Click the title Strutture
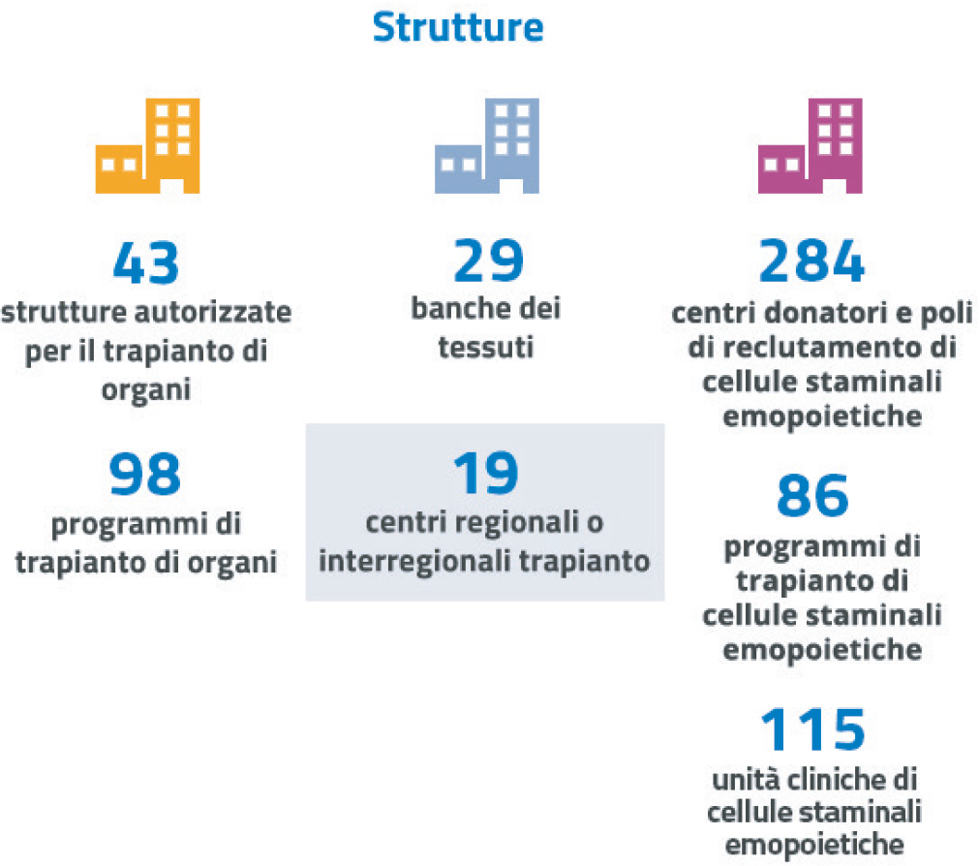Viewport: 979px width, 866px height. [458, 27]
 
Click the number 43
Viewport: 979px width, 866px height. [146, 263]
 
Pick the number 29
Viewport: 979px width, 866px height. [488, 261]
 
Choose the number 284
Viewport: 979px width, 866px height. [811, 261]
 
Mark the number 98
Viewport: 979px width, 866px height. [145, 474]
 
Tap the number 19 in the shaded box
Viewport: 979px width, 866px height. [486, 473]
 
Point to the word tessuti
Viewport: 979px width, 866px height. [486, 347]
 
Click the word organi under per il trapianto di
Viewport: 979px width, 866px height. [146, 390]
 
